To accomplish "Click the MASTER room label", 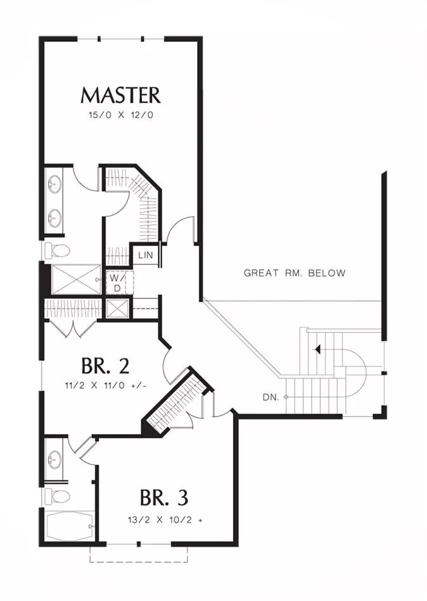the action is click(x=120, y=96).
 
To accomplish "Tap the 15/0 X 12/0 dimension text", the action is click(x=121, y=115).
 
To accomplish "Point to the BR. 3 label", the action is click(x=164, y=497).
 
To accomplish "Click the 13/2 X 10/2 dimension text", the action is click(x=165, y=520).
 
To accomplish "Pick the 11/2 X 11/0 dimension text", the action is click(x=106, y=386).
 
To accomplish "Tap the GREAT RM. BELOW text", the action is click(x=295, y=273).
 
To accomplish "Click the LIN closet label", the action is click(x=146, y=255).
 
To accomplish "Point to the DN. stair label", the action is click(x=271, y=397).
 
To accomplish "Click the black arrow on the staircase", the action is click(x=317, y=349).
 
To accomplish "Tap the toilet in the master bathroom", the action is click(x=58, y=251).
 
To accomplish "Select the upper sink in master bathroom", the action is click(x=55, y=184).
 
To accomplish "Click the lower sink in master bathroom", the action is click(x=55, y=218).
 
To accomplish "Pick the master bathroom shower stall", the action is click(x=76, y=280).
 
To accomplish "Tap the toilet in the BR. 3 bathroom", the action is click(x=58, y=497).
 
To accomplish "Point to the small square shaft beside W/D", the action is click(x=117, y=309).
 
